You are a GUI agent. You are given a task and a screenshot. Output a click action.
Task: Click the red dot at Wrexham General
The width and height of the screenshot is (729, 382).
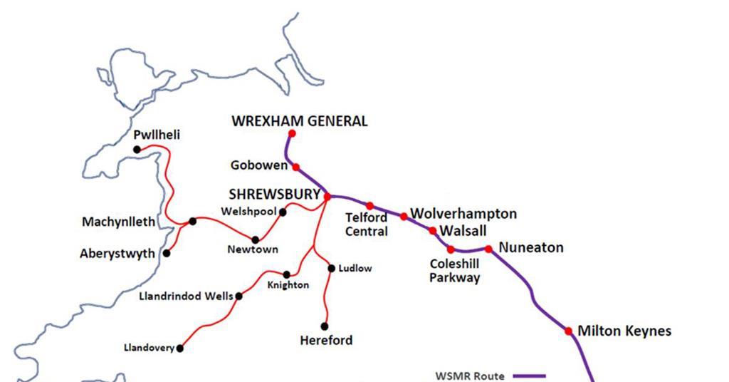tap(292, 133)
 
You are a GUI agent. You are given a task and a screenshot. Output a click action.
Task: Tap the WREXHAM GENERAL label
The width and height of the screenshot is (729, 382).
tap(300, 121)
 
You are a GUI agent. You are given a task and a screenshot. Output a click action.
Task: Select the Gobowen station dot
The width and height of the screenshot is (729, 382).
tap(296, 167)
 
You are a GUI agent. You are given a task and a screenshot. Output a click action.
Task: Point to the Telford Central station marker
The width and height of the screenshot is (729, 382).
tap(369, 206)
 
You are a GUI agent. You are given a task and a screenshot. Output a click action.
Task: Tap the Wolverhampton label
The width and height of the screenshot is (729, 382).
tap(463, 214)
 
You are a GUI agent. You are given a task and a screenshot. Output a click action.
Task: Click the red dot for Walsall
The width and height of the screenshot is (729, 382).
tap(433, 230)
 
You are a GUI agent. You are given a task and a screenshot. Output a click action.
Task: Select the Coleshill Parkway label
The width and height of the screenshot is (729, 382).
tap(454, 271)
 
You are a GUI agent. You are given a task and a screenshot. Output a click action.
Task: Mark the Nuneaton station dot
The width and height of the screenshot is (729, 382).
tap(488, 249)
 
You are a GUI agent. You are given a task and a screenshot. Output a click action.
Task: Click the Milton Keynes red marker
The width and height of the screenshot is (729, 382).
tap(568, 331)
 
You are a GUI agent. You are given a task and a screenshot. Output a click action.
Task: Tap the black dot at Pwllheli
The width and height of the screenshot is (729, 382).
tap(137, 149)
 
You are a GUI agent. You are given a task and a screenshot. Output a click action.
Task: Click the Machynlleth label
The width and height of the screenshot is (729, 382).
tap(118, 222)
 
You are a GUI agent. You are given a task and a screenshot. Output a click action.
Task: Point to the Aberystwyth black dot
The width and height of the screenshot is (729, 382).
tap(167, 253)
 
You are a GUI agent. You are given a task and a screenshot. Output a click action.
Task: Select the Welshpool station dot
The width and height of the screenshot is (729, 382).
tap(283, 212)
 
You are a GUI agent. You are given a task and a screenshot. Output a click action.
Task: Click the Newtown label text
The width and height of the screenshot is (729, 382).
tap(253, 249)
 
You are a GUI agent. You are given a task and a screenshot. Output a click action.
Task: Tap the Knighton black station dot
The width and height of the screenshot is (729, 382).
tap(286, 274)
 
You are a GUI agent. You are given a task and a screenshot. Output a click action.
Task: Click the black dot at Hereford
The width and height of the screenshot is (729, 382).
tap(325, 326)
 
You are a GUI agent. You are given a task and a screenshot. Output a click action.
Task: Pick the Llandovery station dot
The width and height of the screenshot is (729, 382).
tap(180, 349)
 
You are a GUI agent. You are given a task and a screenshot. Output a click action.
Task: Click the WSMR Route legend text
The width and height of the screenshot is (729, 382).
tap(470, 376)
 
